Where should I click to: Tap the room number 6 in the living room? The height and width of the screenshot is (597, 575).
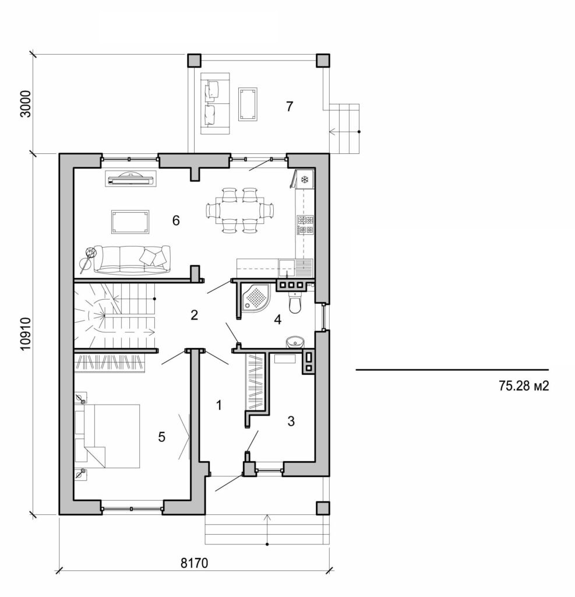coord(175,220)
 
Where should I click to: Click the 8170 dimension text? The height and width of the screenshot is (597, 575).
coord(194,563)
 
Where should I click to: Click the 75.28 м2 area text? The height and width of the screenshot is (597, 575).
coord(524,385)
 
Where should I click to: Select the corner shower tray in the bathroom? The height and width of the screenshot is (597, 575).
coord(255,297)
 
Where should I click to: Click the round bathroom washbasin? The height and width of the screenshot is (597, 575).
coord(293,342)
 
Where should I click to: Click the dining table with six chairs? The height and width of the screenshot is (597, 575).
coord(241,210)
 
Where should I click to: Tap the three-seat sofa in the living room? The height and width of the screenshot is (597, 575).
coord(132,258)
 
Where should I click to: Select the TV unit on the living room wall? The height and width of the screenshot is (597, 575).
coord(131,179)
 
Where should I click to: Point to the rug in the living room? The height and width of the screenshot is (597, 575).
coord(130,222)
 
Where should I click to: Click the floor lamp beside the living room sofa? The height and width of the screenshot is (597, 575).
coord(90,253)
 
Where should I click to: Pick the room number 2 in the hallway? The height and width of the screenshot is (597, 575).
coord(195,315)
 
